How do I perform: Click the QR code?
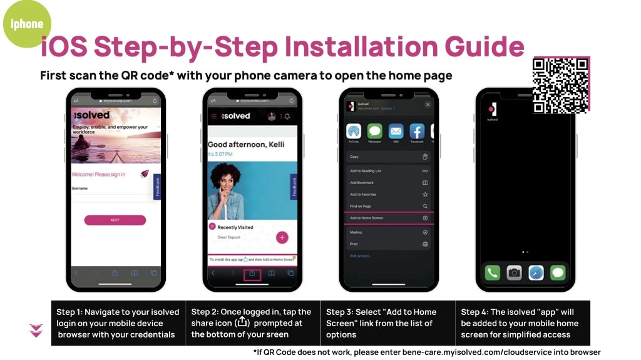(x=560, y=85)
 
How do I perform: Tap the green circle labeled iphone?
(x=27, y=24)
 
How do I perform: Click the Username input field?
(x=113, y=197)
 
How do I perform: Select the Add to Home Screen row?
(x=388, y=218)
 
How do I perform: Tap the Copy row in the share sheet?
(x=388, y=157)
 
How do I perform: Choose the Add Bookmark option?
(x=388, y=183)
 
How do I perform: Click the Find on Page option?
(x=388, y=206)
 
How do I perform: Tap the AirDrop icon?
(x=354, y=131)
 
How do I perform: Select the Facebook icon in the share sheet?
(x=417, y=131)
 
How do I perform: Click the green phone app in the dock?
(x=493, y=272)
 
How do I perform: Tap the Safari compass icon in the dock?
(x=536, y=272)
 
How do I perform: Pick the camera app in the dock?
(x=514, y=272)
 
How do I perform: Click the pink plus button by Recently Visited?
(x=282, y=237)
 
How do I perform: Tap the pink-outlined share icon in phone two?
(x=252, y=274)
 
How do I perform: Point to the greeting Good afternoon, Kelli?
(x=246, y=145)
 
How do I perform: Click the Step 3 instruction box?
(x=387, y=323)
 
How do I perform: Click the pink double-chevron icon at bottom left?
(x=36, y=331)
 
